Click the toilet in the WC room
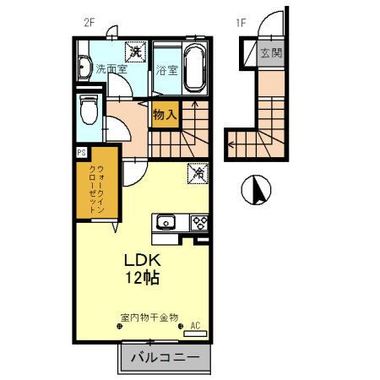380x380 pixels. [x=89, y=110]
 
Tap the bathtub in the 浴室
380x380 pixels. [x=194, y=68]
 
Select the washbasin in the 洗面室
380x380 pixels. [x=84, y=68]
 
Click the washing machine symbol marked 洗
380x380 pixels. [x=136, y=52]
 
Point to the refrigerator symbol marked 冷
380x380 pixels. [x=198, y=173]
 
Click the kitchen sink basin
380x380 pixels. [x=166, y=222]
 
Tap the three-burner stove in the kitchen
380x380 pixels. [x=199, y=223]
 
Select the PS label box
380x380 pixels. [x=82, y=153]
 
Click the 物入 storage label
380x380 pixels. [x=165, y=115]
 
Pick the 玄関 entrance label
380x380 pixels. [x=271, y=53]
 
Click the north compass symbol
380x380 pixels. [x=256, y=190]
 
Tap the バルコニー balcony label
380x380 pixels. [x=166, y=357]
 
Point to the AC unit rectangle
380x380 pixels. [x=195, y=334]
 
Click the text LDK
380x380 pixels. [x=143, y=260]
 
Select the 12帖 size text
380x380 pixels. [x=143, y=278]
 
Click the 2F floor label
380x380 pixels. [x=90, y=23]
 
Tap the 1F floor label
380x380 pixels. [x=242, y=23]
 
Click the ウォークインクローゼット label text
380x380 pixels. [x=97, y=189]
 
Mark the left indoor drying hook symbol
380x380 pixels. [x=120, y=327]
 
